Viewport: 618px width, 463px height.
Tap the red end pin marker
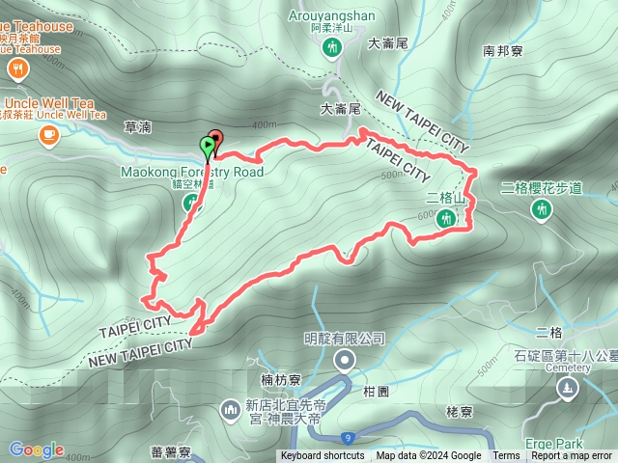215,138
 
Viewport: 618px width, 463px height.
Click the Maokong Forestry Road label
192,172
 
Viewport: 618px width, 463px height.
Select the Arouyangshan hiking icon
332,46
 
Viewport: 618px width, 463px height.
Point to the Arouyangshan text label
332,15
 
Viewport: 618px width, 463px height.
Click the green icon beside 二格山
446,220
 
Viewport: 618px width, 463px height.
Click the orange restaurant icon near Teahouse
17,68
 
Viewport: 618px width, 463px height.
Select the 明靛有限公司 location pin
345,361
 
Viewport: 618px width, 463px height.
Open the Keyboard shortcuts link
323,456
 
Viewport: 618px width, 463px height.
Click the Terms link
506,456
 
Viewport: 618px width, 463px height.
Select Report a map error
572,456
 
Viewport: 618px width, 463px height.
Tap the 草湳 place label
138,125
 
